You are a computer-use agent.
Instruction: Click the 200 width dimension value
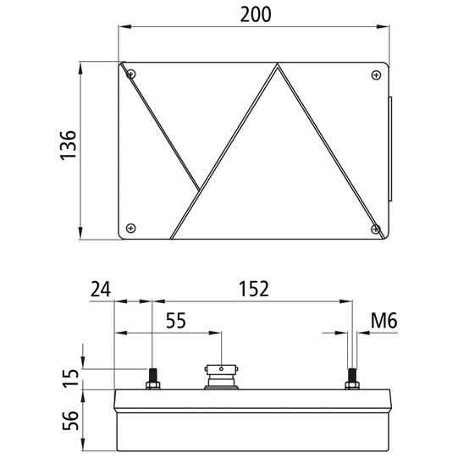[x=255, y=15]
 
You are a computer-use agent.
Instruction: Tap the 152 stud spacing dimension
[x=251, y=289]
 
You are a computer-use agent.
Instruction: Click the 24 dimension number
[x=99, y=289]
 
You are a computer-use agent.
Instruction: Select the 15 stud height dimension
[x=71, y=373]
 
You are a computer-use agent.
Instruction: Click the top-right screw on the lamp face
[x=375, y=75]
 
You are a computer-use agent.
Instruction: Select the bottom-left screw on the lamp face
[x=130, y=227]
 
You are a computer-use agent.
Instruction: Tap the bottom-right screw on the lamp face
[x=375, y=227]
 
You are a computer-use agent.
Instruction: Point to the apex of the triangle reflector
[x=277, y=65]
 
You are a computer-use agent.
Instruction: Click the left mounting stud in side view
[x=152, y=378]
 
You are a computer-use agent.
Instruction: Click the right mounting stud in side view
[x=351, y=378]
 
